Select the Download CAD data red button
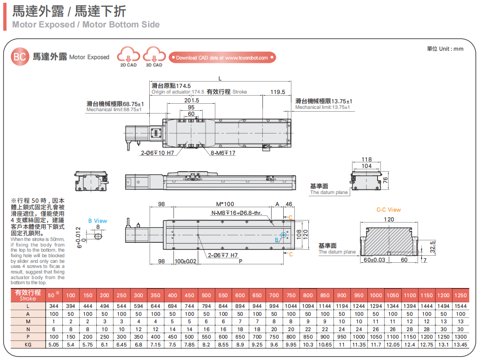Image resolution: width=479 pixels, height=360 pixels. (222, 58)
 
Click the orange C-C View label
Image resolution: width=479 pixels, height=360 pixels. (388, 210)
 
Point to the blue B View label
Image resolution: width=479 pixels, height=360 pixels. (98, 221)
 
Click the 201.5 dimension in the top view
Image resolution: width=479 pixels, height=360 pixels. (192, 100)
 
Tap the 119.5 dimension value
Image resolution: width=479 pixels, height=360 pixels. (278, 92)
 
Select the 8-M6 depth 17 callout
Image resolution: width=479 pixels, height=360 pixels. (223, 153)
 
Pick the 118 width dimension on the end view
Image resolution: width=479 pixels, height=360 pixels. (367, 160)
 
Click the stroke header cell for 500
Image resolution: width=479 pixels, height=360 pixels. (206, 295)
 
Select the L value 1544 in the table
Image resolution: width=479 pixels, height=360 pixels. (460, 306)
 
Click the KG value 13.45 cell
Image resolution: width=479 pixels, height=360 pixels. (460, 345)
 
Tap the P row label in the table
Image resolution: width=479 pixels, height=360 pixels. (28, 337)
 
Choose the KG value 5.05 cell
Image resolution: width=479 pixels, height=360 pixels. (54, 345)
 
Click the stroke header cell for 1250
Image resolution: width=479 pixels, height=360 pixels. (460, 295)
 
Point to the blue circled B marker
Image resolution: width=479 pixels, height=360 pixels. (283, 235)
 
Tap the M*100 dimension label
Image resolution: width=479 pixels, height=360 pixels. (225, 204)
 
